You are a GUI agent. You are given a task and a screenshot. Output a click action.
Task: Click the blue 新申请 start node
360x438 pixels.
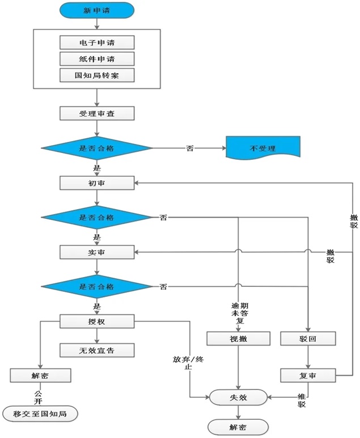[x=96, y=10]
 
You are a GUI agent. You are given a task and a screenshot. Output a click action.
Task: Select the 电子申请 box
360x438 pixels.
[x=96, y=42]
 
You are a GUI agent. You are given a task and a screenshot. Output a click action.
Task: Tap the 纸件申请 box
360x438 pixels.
[x=96, y=59]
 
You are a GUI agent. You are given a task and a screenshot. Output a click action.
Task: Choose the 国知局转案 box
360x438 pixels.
[x=96, y=75]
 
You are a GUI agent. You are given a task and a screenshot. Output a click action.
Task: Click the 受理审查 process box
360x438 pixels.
[x=96, y=113]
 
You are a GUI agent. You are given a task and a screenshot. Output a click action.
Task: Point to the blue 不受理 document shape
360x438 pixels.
[x=262, y=148]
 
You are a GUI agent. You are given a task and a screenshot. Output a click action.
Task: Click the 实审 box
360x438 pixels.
[x=96, y=252]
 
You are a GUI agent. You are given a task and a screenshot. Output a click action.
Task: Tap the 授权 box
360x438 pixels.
[x=96, y=322]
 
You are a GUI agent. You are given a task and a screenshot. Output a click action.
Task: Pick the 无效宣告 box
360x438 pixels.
[x=96, y=350]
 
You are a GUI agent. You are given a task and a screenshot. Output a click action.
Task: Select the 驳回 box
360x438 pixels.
[x=308, y=339]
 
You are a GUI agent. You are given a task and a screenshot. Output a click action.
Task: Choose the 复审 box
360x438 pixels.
[x=308, y=375]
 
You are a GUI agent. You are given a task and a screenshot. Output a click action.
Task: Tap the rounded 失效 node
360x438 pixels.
[x=238, y=397]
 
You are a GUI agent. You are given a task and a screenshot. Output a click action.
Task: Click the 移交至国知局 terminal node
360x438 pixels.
[x=40, y=414]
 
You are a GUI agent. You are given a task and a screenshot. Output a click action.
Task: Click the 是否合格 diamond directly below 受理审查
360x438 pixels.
[x=96, y=148]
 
